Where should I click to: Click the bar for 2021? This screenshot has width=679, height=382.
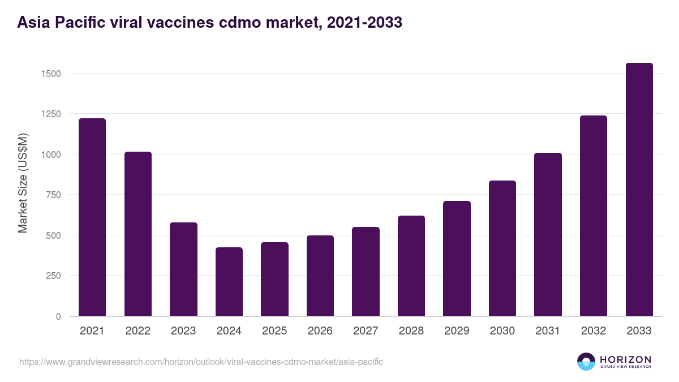point(92,217)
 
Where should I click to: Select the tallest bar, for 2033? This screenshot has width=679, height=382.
point(639,190)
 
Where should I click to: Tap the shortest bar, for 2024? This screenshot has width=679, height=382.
point(229,282)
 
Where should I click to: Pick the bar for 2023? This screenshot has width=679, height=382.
point(183,269)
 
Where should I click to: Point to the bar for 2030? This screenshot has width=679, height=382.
point(502,248)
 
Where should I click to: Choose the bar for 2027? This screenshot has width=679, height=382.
point(366,272)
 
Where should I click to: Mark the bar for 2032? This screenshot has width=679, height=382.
point(594,216)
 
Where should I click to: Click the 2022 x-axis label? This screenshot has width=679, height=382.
point(137,331)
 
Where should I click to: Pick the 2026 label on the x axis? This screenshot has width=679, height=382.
point(320,331)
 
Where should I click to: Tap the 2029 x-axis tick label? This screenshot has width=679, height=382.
point(457,331)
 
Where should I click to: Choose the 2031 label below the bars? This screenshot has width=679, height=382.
point(548,331)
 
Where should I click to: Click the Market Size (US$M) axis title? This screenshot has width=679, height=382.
point(23,183)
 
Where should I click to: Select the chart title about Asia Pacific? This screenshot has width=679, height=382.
point(209,23)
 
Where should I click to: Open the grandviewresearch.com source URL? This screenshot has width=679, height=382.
point(201,362)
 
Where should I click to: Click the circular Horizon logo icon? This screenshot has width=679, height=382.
point(586,362)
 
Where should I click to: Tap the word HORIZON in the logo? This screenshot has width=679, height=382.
point(625,359)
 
